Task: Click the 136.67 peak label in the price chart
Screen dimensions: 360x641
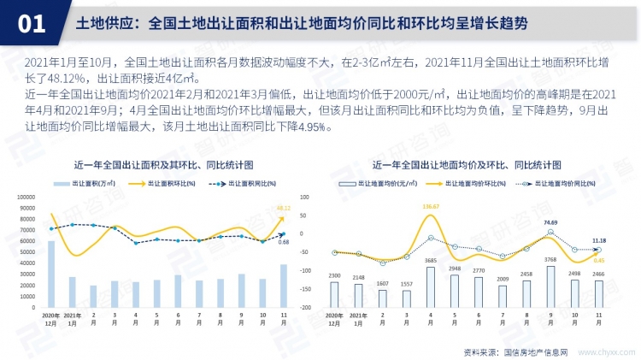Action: [x=431, y=207]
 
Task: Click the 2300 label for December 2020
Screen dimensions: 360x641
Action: [x=335, y=275]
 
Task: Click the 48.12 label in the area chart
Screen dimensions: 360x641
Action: [x=285, y=208]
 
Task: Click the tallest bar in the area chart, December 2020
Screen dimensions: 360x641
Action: [x=51, y=274]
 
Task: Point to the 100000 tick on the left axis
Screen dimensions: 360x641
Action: [x=26, y=196]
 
